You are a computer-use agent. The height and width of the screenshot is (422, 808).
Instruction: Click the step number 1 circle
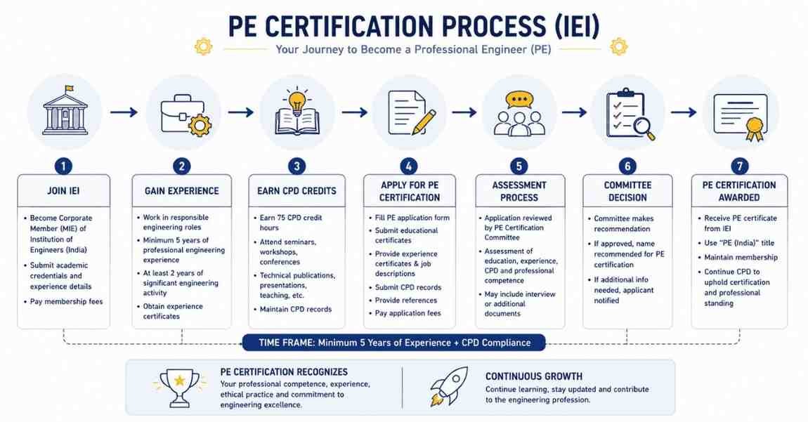click(x=63, y=166)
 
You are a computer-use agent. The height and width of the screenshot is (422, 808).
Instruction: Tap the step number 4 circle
click(x=409, y=166)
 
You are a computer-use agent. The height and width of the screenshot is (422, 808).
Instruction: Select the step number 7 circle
click(x=740, y=166)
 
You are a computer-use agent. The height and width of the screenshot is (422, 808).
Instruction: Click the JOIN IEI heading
click(x=63, y=191)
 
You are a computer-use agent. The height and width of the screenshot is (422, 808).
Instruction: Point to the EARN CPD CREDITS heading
click(x=297, y=191)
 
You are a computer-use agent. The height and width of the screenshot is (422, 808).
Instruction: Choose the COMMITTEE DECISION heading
click(x=627, y=191)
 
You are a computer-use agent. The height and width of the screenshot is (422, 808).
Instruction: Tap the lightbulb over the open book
click(x=297, y=102)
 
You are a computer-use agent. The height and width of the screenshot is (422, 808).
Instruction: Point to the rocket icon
click(x=449, y=385)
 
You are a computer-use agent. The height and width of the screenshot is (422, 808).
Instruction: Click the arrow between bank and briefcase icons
click(x=124, y=112)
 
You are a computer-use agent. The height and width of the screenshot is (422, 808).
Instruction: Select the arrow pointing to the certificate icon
click(x=684, y=112)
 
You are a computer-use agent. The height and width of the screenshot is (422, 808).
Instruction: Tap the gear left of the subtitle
click(x=203, y=47)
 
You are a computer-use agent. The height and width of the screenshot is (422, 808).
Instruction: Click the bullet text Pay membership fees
click(x=67, y=301)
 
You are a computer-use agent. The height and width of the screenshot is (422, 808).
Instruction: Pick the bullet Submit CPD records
click(x=408, y=287)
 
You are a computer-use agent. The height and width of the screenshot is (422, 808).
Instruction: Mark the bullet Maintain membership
click(x=741, y=257)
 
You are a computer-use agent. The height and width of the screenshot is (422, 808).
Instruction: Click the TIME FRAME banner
click(x=393, y=343)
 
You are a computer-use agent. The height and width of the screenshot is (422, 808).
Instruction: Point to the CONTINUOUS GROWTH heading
click(x=534, y=376)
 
